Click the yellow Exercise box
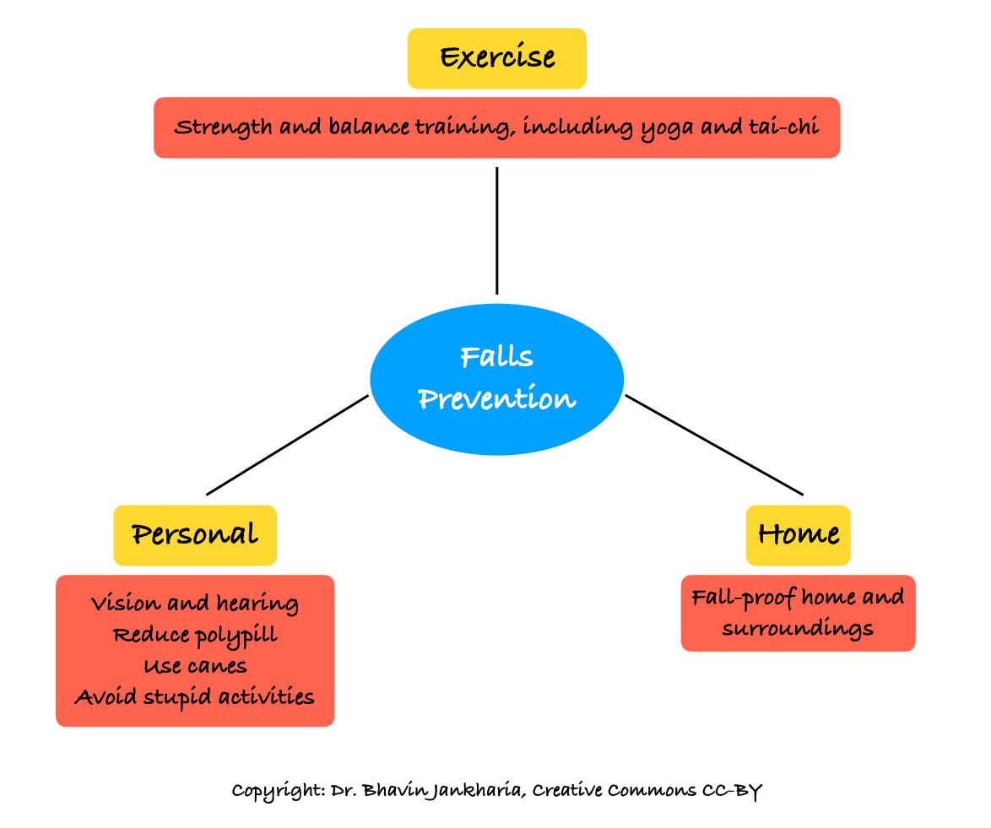496,58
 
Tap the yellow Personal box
195,534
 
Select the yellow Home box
798,534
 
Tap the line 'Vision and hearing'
195,603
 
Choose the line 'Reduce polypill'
195,635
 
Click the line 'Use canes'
195,666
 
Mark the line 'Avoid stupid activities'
195,697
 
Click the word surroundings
798,630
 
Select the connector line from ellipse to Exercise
496,230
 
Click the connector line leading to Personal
287,445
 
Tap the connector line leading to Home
713,445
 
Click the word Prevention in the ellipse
496,399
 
